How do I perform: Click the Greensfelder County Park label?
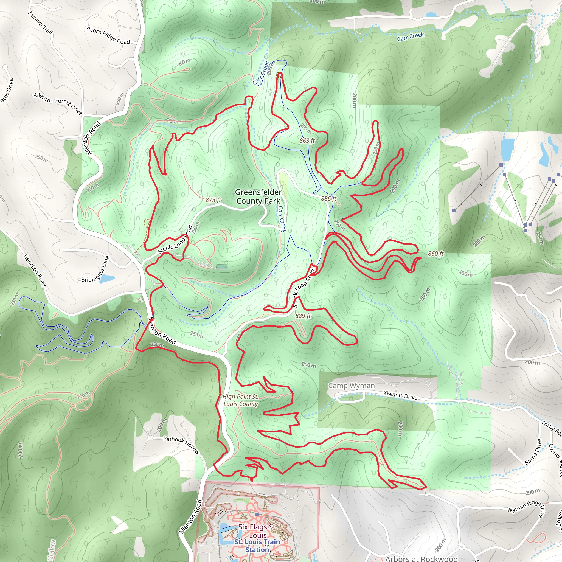pos(258,196)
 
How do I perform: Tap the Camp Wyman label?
pos(352,386)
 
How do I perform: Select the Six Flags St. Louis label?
pos(257,531)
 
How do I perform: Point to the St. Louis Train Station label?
pos(257,546)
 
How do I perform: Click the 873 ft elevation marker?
pos(213,200)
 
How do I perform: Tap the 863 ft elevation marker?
pos(307,140)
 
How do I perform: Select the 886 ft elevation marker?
pos(329,198)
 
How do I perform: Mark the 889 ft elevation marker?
pos(303,316)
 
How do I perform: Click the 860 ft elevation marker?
pos(436,254)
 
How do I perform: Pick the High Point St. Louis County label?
pos(241,400)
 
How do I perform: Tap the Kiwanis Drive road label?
pos(400,395)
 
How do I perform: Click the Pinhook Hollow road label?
pos(181,445)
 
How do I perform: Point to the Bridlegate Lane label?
pos(95,270)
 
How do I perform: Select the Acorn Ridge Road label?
pos(108,35)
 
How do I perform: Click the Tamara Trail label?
pos(40,23)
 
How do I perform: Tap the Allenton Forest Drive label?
pos(58,103)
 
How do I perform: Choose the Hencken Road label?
pos(35,270)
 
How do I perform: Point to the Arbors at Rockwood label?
pos(421,558)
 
